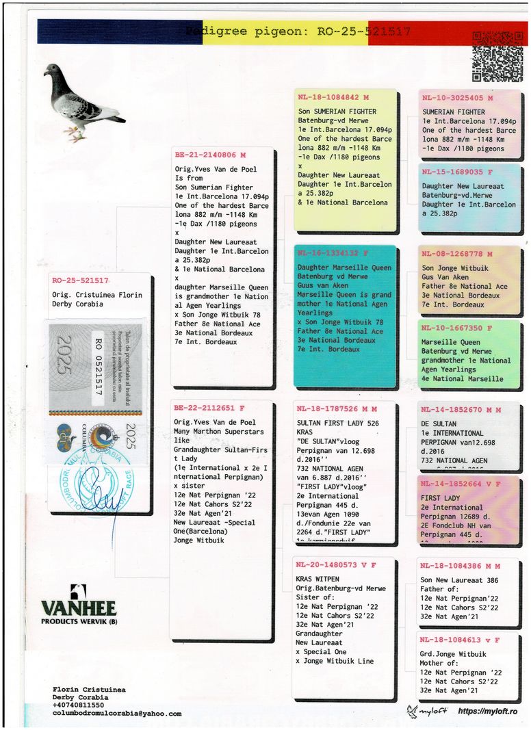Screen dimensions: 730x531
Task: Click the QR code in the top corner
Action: point(497,57)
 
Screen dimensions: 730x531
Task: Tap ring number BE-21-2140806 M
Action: point(210,155)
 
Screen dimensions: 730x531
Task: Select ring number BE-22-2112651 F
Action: point(209,409)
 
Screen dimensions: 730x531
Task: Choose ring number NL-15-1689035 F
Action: point(457,172)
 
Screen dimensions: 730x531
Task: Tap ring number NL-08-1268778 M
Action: point(457,254)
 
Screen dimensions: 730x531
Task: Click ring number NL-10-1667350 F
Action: point(457,328)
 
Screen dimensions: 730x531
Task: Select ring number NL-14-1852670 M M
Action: point(461,410)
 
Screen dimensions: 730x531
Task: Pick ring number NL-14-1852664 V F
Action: point(460,484)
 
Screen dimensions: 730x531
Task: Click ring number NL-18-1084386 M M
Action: point(460,566)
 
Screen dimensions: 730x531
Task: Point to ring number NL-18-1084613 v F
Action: point(460,640)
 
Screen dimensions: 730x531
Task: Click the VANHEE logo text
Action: point(79,608)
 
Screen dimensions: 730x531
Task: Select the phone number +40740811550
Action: point(79,705)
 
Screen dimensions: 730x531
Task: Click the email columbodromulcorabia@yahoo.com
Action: point(117,714)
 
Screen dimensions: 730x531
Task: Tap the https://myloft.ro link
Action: point(487,712)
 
